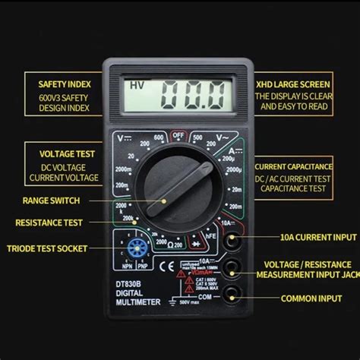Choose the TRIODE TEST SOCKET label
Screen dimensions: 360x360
tap(47, 248)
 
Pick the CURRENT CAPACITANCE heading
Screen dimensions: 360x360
tap(293, 166)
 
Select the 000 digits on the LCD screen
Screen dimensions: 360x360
tap(192, 96)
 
